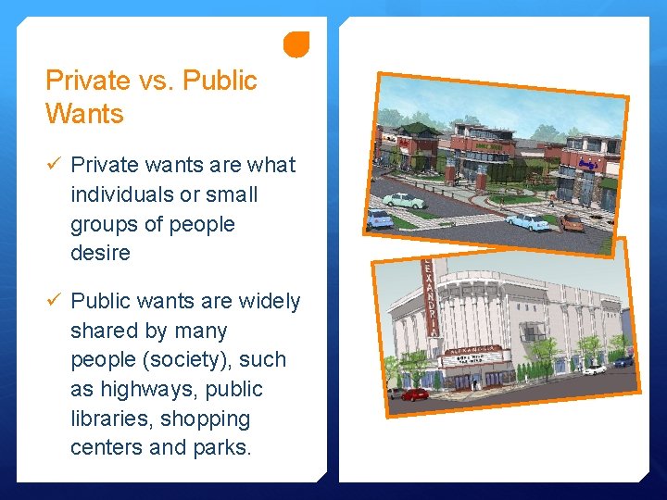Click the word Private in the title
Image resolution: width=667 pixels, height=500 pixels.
tap(87, 81)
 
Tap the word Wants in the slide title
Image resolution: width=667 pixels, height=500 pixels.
tap(84, 115)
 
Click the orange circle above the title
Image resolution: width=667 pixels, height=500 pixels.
tap(296, 44)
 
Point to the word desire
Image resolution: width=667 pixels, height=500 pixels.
tap(100, 253)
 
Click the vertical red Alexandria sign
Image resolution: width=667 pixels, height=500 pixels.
tap(428, 301)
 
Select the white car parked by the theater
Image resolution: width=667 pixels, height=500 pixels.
tap(593, 369)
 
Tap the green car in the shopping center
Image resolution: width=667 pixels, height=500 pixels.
tap(405, 200)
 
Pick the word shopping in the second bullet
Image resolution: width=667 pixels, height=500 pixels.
tap(206, 419)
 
